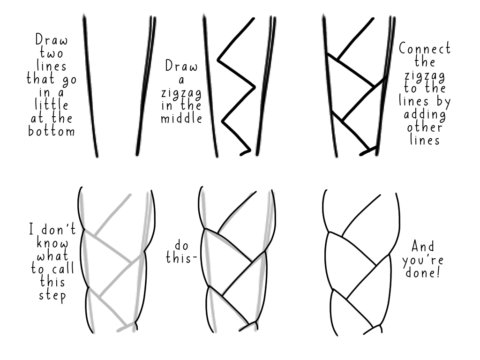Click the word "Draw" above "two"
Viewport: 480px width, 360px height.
coord(52,39)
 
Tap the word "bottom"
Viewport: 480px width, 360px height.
coord(52,131)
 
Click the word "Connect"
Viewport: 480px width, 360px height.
coord(425,48)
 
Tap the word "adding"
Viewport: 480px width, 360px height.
coord(425,115)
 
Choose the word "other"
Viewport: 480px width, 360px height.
coord(425,127)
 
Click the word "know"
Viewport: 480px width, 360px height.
coord(52,243)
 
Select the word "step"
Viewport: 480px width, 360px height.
coord(52,296)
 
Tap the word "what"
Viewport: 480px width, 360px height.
coord(52,256)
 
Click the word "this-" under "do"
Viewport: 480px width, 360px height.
coord(181,258)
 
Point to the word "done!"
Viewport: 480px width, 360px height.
coord(423,272)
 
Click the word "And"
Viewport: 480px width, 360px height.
coord(423,246)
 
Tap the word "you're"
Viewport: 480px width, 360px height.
coord(423,260)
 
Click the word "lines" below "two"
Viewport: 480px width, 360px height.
coord(52,66)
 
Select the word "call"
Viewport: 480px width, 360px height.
coord(63,269)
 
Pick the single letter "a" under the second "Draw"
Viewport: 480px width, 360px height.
coord(181,81)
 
